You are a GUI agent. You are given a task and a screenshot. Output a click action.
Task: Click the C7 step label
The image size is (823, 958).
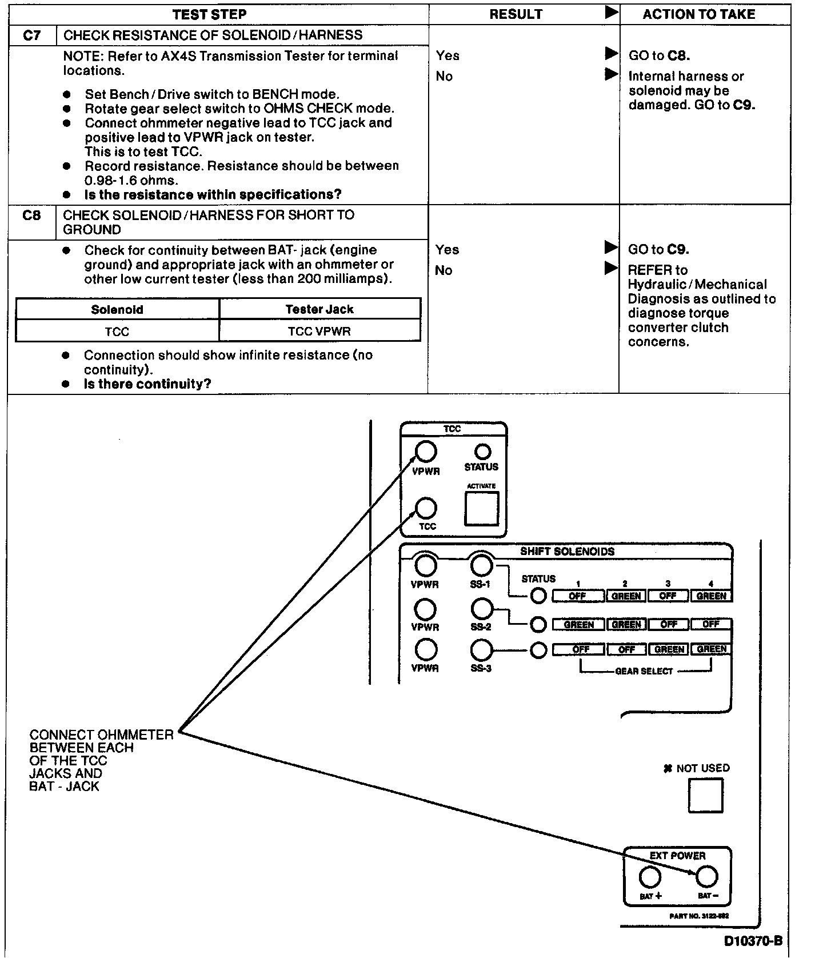pos(32,35)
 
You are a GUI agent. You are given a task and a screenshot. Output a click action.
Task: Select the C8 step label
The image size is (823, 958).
pos(31,215)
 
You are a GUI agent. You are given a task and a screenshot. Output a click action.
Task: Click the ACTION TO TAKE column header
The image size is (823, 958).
pos(698,14)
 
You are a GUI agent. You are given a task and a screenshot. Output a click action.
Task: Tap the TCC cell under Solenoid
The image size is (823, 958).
pos(117,332)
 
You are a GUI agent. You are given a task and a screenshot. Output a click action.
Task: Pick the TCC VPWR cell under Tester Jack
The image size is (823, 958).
pos(319,332)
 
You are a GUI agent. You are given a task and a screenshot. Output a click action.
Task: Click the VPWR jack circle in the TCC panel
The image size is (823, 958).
pos(426,452)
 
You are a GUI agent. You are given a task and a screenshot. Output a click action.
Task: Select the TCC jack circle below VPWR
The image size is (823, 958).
pos(426,508)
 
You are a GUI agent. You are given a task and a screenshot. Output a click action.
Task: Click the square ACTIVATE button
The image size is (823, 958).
pos(481,508)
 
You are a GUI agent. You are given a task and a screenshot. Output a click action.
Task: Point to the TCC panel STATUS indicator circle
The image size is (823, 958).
pos(483,452)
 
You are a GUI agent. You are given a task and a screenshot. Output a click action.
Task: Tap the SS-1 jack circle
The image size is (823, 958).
pos(481,565)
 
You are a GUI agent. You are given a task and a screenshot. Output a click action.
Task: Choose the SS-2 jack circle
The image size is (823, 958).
pos(481,609)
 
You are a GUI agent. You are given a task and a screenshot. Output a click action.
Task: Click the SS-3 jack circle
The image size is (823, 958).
pos(481,650)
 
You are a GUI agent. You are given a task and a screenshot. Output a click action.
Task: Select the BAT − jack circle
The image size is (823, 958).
pos(707,876)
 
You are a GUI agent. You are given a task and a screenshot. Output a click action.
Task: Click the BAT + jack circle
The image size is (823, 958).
pos(650,876)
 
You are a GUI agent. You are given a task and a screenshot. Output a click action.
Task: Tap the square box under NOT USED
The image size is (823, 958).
pos(706,796)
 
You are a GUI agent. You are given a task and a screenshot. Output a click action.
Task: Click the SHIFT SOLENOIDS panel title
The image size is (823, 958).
pos(567,552)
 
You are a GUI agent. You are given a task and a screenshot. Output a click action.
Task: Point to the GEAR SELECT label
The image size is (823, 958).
pos(644,671)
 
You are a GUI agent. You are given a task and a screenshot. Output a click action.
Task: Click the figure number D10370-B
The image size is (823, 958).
pos(753,941)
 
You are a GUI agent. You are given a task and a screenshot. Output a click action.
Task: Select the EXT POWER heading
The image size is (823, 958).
pos(677,856)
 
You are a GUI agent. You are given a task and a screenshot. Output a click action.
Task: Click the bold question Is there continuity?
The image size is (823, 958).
pos(147,384)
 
